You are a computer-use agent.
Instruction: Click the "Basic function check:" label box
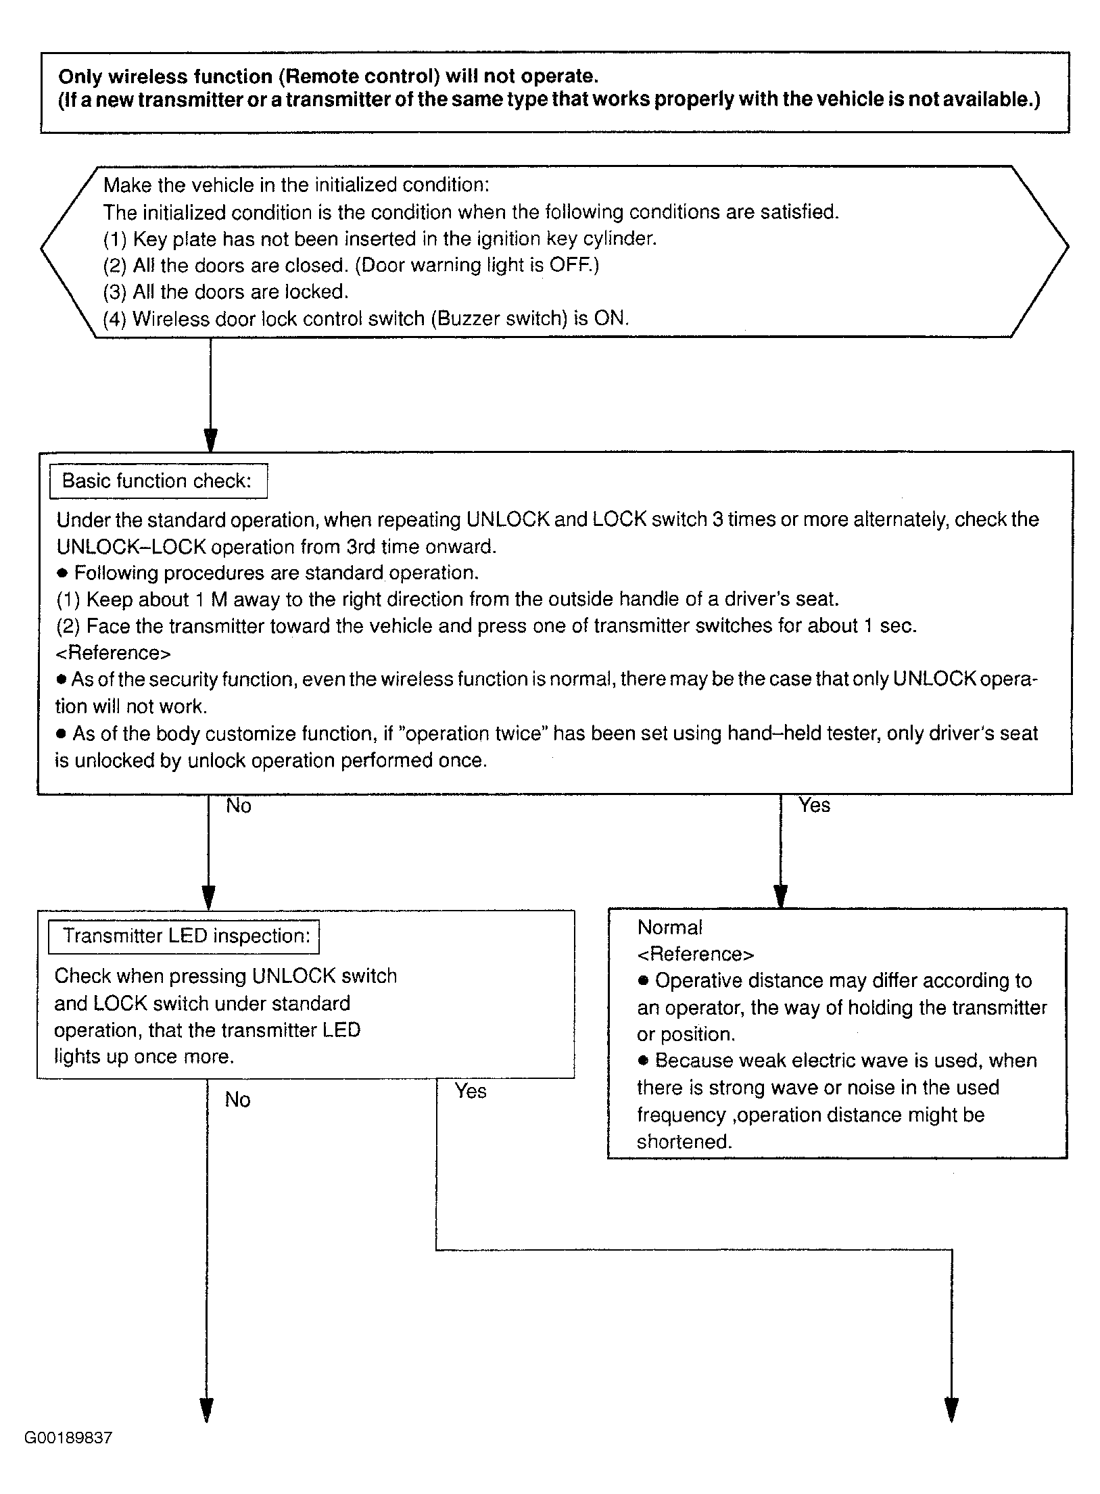[x=158, y=481]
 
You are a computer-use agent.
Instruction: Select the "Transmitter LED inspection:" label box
[x=184, y=936]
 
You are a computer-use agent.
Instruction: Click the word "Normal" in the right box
[x=669, y=927]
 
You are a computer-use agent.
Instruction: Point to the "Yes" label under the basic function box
[x=814, y=805]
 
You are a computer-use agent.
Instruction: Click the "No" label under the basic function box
[x=238, y=806]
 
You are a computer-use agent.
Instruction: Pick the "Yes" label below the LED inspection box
[x=470, y=1091]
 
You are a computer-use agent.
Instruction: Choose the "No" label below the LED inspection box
[x=237, y=1100]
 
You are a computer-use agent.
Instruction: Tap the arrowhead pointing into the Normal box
[x=780, y=896]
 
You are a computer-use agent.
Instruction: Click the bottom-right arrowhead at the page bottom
[x=951, y=1411]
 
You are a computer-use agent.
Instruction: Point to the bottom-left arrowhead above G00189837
[x=206, y=1411]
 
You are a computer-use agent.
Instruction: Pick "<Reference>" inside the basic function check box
[x=113, y=653]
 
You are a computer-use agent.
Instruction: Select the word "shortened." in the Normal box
[x=684, y=1142]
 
